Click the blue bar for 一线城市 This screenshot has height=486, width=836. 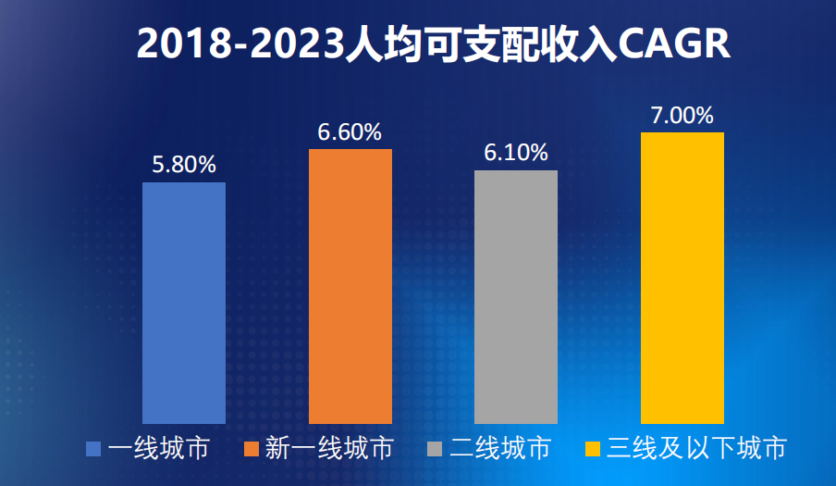pyautogui.click(x=184, y=303)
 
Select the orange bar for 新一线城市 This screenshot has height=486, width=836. pyautogui.click(x=350, y=286)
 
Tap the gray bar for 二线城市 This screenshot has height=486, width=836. pyautogui.click(x=516, y=296)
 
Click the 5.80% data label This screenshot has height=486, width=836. pyautogui.click(x=184, y=165)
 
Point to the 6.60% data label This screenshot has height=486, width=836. pyautogui.click(x=350, y=132)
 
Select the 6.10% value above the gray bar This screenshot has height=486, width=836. pyautogui.click(x=516, y=153)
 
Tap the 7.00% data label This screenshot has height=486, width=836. pyautogui.click(x=682, y=116)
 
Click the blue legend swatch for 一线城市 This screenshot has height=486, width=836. pyautogui.click(x=93, y=450)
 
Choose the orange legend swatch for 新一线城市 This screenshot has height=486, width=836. pyautogui.click(x=251, y=450)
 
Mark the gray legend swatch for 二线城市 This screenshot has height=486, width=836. pyautogui.click(x=436, y=450)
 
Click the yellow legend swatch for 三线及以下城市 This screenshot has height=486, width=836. pyautogui.click(x=593, y=450)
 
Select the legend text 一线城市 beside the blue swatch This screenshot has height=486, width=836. pyautogui.click(x=158, y=450)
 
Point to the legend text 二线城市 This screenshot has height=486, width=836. pyautogui.click(x=500, y=450)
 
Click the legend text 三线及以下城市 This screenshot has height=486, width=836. pyautogui.click(x=697, y=450)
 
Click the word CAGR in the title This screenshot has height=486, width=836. pyautogui.click(x=672, y=44)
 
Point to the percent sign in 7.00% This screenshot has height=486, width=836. pyautogui.click(x=703, y=116)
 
